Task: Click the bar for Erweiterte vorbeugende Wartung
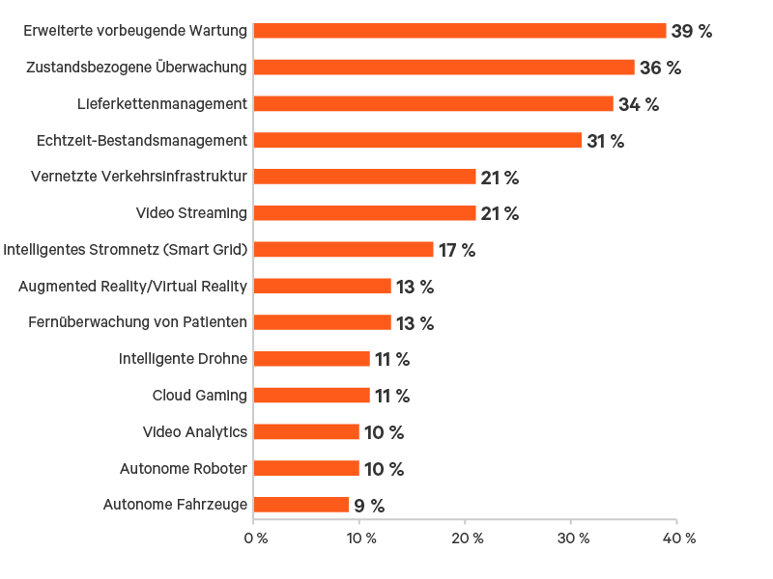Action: [460, 31]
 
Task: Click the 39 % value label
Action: [691, 32]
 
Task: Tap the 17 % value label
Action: [457, 251]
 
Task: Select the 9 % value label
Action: [368, 506]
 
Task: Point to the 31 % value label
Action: [605, 141]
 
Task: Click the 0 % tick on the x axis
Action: [256, 538]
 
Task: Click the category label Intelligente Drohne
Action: [184, 359]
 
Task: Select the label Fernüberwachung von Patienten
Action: [137, 322]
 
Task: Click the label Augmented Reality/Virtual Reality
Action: [133, 286]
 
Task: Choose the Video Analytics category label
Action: [195, 432]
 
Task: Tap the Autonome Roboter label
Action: [184, 469]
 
